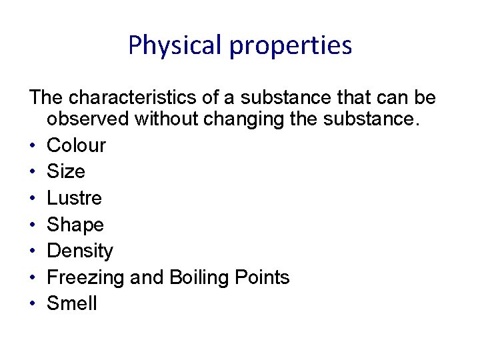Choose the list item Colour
(76, 145)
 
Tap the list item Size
(66, 171)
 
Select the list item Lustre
(74, 198)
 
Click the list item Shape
(75, 225)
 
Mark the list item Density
(80, 251)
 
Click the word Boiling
(193, 277)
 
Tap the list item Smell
(72, 304)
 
